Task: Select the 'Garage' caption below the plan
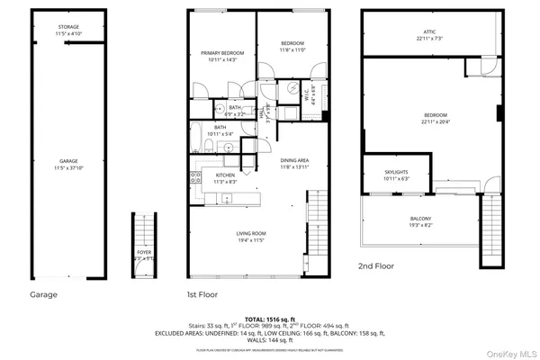coord(42,294)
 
